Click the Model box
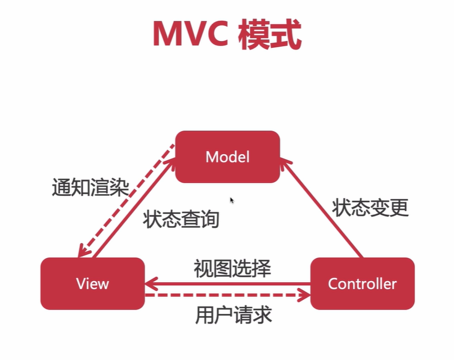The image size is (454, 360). coord(227,156)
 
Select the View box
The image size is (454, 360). coord(92,283)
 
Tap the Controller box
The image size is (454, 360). coord(362,283)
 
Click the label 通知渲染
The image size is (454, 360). coord(90,187)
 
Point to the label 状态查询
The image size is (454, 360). coord(181,219)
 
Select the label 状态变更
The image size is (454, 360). coord(370,208)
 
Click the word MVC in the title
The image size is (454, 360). coord(189,35)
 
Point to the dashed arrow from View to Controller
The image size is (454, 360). coord(225,294)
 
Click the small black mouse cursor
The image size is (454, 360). coord(232,200)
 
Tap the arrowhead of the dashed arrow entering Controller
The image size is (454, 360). coord(304,294)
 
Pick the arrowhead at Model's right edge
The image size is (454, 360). coord(285,164)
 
